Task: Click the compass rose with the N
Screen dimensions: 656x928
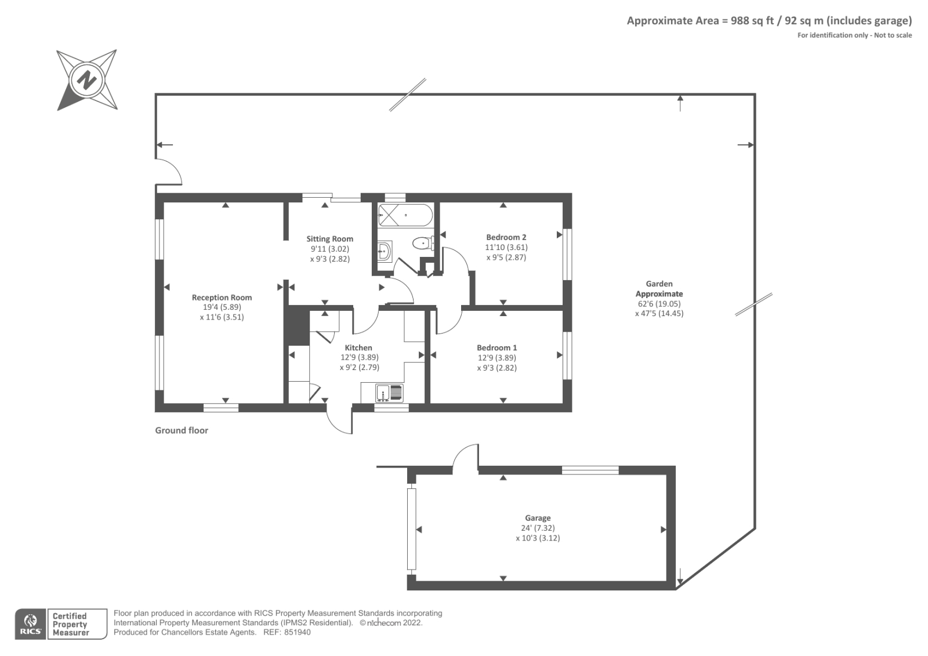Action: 88,79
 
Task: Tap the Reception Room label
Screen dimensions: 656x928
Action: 222,298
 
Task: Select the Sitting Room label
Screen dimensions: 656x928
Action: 329,238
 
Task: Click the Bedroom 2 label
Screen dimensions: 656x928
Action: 506,237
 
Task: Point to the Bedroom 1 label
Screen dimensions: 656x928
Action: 497,348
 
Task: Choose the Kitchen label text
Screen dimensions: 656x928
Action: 358,348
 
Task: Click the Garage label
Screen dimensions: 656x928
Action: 538,518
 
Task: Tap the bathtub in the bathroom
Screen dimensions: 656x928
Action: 405,215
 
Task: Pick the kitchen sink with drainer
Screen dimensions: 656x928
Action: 389,393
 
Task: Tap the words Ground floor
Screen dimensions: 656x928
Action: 181,430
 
